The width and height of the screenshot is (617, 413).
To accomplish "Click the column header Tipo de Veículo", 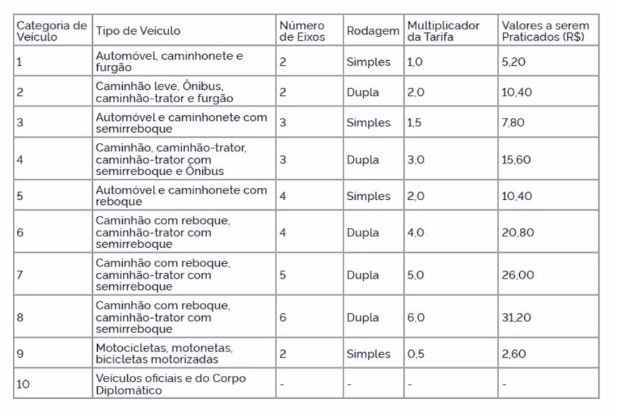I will pos(138,31).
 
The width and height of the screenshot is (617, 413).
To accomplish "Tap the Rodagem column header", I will pos(373,31).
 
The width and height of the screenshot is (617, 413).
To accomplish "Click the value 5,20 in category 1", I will pos(513,62).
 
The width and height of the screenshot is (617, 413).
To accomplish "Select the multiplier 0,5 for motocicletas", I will pos(415,354).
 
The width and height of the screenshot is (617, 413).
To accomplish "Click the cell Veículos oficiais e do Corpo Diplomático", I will pos(171,384).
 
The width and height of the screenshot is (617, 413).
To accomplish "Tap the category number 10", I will pos(23,384).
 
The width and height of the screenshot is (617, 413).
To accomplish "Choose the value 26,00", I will pos(518,274).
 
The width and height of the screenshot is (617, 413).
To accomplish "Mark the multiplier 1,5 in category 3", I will pos(414,122).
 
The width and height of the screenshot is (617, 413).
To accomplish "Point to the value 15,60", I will pos(516,159).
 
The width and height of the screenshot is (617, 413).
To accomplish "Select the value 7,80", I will pos(513,122).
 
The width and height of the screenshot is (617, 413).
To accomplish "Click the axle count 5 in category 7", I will pos(283,274).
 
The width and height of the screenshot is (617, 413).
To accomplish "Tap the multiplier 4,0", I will pos(416,232).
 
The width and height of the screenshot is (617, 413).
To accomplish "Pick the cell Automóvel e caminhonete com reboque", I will pos(181,196).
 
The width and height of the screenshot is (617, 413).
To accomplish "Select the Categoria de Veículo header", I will pos(51,31).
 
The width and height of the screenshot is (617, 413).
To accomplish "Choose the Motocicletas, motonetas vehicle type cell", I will pos(164,354).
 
